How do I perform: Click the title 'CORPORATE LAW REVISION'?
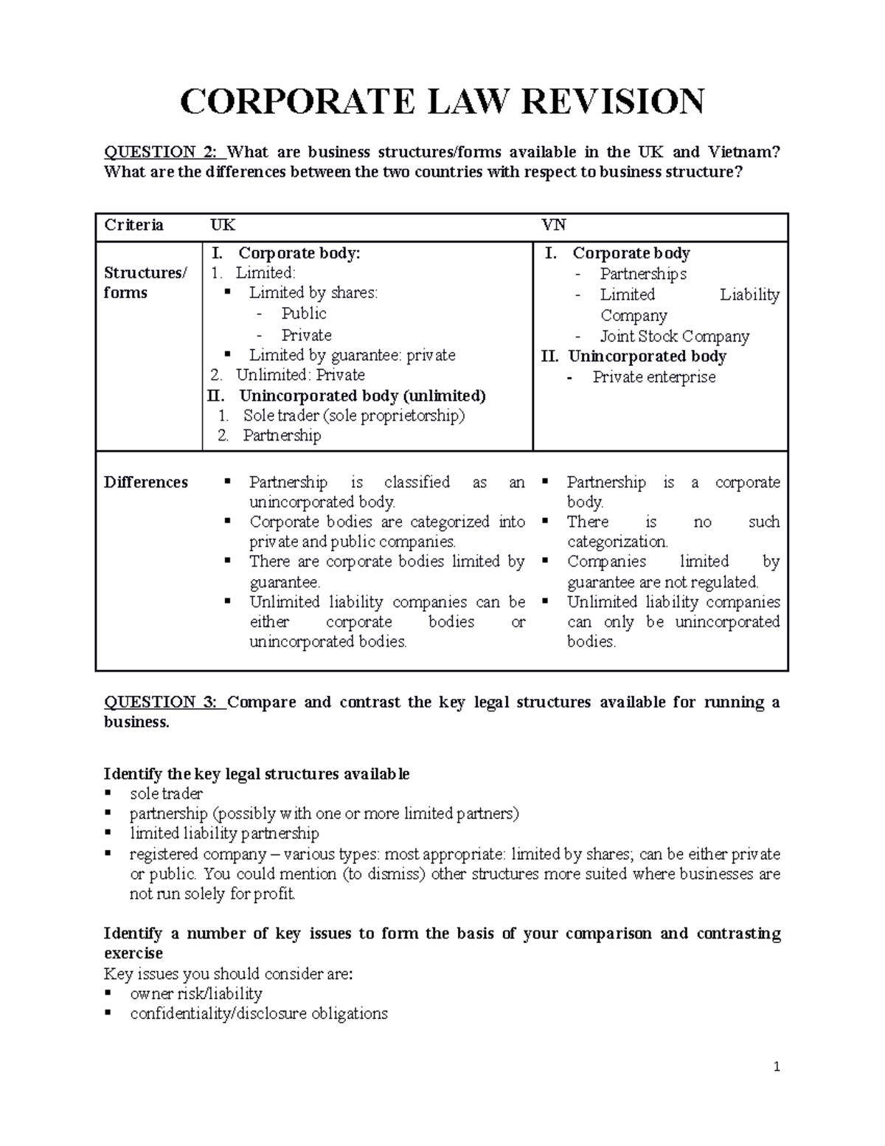[x=442, y=101]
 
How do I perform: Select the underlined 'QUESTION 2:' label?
[x=161, y=152]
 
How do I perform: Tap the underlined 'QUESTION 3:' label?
[x=161, y=702]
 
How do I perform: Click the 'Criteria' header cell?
[x=133, y=225]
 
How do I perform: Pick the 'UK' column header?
[x=223, y=225]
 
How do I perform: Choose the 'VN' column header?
[x=554, y=225]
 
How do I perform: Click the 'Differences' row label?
[x=146, y=482]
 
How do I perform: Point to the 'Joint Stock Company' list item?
[x=674, y=336]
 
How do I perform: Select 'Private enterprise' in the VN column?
[x=653, y=377]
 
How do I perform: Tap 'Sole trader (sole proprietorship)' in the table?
[x=354, y=415]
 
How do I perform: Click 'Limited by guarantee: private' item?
[x=352, y=355]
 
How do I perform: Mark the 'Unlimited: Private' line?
[x=299, y=375]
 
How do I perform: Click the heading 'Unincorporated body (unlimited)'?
[x=362, y=396]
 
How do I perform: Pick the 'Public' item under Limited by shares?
[x=303, y=314]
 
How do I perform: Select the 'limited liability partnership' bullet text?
[x=224, y=834]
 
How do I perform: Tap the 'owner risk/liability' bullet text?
[x=196, y=993]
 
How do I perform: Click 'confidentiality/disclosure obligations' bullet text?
[x=258, y=1013]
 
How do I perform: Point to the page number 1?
[x=777, y=1066]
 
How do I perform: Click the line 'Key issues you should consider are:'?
[x=229, y=973]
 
